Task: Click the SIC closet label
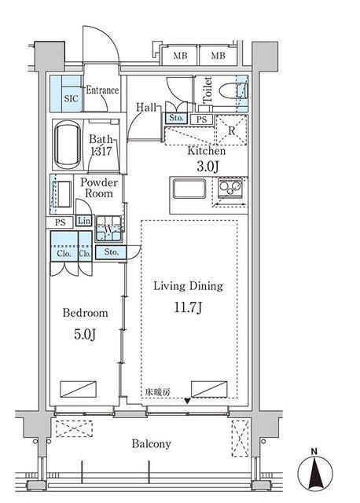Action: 71,98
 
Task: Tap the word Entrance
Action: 102,90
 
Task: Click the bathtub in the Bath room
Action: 68,145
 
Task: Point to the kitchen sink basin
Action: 189,189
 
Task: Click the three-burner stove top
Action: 230,187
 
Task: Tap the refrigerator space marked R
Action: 231,130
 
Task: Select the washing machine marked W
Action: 108,229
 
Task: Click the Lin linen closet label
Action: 84,221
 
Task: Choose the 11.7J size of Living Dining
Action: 188,307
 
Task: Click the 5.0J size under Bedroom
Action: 85,334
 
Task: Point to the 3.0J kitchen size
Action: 208,167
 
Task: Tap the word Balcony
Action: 151,444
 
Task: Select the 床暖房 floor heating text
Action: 157,391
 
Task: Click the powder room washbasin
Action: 62,194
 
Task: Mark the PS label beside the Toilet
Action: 201,119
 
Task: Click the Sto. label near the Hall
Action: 176,118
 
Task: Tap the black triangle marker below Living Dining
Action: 187,400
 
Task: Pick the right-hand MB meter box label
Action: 219,56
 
